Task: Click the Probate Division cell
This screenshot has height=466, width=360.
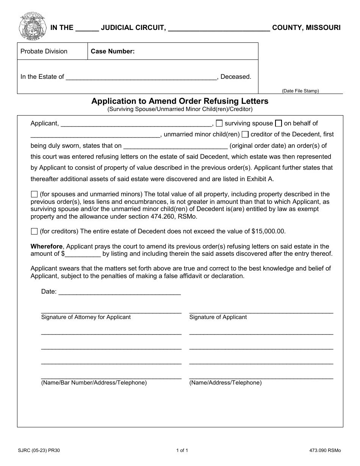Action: pos(44,52)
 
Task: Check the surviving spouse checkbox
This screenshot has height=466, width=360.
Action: pos(219,123)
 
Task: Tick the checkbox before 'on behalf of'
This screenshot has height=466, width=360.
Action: pos(279,123)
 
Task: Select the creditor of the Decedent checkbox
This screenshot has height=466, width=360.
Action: pos(245,134)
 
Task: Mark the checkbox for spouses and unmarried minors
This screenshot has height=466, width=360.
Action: pos(34,194)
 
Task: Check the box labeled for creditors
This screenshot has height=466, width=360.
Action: pos(34,231)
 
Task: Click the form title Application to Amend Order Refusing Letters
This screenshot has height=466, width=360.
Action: pos(180,101)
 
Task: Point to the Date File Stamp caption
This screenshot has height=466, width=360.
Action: pos(300,91)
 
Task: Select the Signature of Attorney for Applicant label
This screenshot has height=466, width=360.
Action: pos(86,317)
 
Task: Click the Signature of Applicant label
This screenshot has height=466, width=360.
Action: pos(218,317)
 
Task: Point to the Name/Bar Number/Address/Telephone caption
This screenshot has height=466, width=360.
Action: pos(94,383)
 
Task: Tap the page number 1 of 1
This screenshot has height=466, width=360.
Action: pos(182,450)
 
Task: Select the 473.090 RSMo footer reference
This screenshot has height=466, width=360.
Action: pos(325,450)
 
